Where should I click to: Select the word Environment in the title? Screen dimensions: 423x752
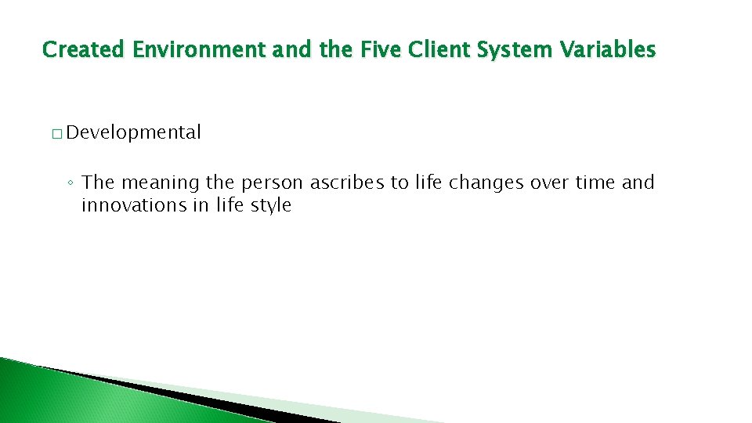(x=199, y=50)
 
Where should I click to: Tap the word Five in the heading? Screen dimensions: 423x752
(x=376, y=50)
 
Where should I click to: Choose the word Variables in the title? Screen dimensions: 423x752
(x=609, y=50)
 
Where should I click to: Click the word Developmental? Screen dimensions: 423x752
(x=134, y=132)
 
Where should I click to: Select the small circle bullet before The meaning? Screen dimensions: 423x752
(x=70, y=184)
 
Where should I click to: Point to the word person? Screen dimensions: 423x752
(x=273, y=183)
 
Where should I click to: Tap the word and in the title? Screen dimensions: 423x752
(x=292, y=50)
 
